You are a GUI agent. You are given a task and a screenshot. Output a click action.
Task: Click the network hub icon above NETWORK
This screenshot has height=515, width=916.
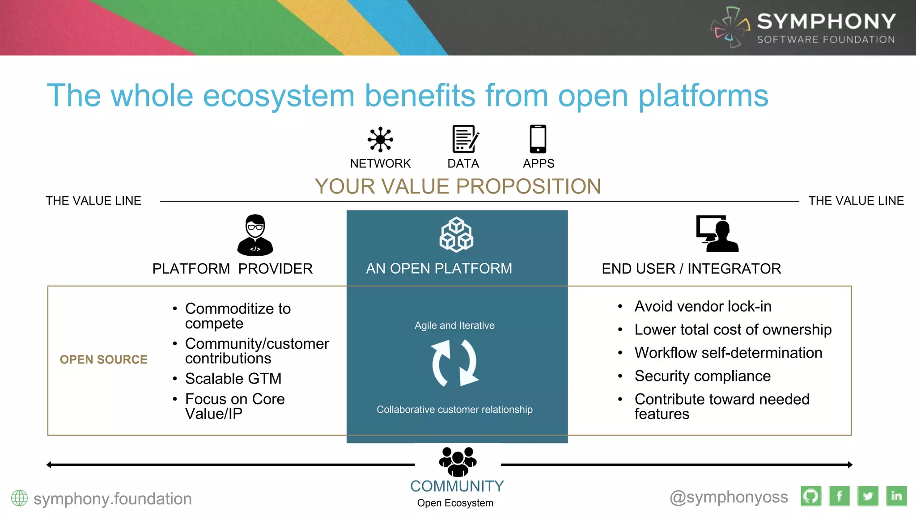pyautogui.click(x=380, y=139)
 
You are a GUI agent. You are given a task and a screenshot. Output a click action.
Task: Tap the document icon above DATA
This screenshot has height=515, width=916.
pyautogui.click(x=464, y=139)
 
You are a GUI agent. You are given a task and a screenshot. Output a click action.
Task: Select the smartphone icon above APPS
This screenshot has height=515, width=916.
pyautogui.click(x=538, y=139)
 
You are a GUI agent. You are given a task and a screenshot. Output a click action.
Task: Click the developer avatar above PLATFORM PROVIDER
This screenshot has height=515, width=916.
pyautogui.click(x=255, y=235)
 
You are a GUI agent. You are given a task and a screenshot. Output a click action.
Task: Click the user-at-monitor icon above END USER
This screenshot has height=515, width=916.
pyautogui.click(x=717, y=234)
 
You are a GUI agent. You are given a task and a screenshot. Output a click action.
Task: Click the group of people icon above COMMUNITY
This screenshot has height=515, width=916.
pyautogui.click(x=458, y=462)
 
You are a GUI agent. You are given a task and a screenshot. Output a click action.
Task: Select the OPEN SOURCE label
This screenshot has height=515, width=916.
pyautogui.click(x=103, y=359)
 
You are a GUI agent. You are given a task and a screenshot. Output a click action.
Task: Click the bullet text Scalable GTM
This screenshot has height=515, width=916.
pyautogui.click(x=233, y=379)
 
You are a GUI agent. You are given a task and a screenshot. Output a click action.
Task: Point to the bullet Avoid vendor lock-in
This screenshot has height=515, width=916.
pyautogui.click(x=703, y=306)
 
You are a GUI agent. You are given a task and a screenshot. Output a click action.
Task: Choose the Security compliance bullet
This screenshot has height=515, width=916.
pyautogui.click(x=702, y=376)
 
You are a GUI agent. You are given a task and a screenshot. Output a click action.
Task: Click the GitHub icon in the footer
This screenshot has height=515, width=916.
pyautogui.click(x=811, y=496)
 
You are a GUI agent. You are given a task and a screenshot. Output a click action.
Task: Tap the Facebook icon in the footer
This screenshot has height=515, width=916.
pyautogui.click(x=840, y=496)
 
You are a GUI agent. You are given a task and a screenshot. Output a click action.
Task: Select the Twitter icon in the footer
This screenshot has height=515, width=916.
pyautogui.click(x=868, y=496)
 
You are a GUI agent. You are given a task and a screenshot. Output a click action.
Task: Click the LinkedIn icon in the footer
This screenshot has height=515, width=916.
pyautogui.click(x=896, y=496)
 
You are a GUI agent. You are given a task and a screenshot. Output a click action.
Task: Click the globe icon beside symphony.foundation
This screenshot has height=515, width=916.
pyautogui.click(x=19, y=498)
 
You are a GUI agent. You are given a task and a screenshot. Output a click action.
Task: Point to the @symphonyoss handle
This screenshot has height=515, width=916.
pyautogui.click(x=729, y=497)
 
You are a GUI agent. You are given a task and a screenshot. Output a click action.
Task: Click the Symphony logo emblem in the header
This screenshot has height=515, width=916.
pyautogui.click(x=730, y=28)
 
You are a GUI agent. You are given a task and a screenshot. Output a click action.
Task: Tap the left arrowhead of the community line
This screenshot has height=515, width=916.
pyautogui.click(x=49, y=465)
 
